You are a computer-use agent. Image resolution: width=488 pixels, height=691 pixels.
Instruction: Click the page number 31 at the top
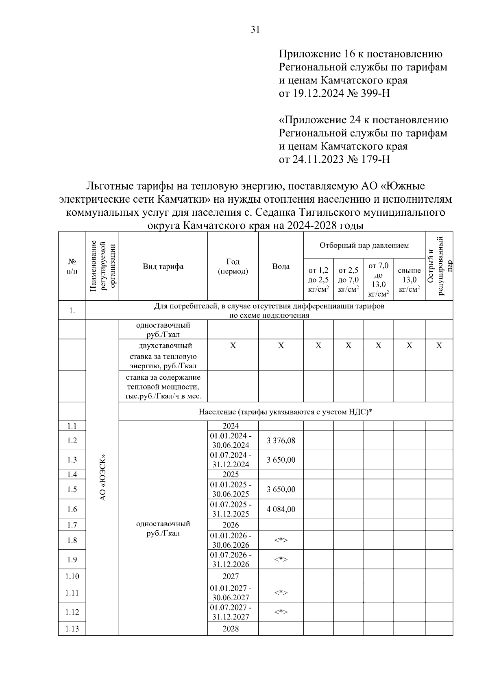[x=255, y=29]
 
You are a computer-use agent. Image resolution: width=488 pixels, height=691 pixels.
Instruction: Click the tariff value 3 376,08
[x=281, y=440]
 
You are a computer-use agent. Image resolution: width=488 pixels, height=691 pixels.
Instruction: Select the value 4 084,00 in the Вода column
[x=281, y=509]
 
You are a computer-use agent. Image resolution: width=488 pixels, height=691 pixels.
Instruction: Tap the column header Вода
[x=281, y=267]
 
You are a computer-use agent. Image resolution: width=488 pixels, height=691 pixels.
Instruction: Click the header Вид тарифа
[x=163, y=267]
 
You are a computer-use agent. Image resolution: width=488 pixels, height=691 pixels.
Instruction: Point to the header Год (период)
[x=233, y=267]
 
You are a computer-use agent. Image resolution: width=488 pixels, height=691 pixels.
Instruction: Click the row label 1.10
[x=72, y=576]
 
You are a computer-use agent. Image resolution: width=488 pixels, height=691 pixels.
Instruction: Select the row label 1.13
[x=72, y=629]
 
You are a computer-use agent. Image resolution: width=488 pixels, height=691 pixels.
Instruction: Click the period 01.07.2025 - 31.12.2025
[x=231, y=509]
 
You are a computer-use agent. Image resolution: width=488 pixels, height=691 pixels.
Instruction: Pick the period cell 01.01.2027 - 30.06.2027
[x=231, y=593]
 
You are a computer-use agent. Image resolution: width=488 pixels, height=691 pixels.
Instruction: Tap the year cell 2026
[x=231, y=525]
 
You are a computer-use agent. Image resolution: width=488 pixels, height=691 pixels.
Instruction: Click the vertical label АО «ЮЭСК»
[x=102, y=477]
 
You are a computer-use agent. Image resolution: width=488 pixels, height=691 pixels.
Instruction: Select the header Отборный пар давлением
[x=364, y=245]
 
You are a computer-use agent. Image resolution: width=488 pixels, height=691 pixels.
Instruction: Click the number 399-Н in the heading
[x=375, y=94]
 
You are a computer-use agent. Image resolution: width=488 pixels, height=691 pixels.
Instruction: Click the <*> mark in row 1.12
[x=281, y=612]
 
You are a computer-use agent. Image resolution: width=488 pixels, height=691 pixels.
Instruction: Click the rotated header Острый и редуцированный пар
[x=439, y=267]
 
